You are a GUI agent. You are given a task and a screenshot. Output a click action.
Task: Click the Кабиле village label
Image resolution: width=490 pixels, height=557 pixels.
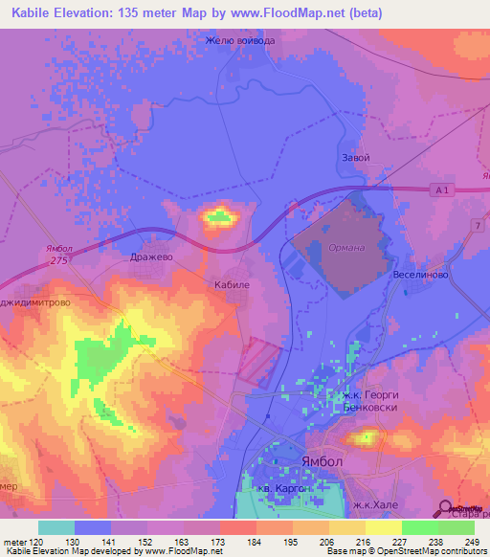pos(232,285)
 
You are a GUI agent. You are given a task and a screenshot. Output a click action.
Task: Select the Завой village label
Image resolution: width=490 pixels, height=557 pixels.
pos(355,157)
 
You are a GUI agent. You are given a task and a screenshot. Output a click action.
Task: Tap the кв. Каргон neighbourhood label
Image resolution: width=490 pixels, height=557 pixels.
pos(283,489)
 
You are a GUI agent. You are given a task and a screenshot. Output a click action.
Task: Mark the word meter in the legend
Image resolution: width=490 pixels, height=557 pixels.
pos(13,543)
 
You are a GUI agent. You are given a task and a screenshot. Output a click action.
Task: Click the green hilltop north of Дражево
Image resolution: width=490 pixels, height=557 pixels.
pos(219,218)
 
